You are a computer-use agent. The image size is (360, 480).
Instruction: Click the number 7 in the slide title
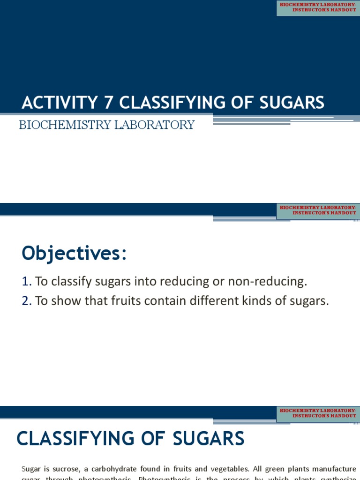(x=105, y=103)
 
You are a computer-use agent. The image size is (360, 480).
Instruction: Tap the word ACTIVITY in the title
(x=58, y=103)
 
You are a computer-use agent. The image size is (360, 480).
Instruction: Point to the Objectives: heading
(x=74, y=254)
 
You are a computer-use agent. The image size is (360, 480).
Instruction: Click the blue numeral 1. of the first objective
(x=26, y=281)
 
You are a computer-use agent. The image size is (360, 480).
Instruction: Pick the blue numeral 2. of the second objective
(x=26, y=301)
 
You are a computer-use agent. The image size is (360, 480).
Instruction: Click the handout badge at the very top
(x=318, y=7)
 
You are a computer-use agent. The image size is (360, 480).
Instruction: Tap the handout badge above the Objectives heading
(x=318, y=210)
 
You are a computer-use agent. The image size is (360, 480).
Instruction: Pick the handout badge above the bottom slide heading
(x=318, y=413)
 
